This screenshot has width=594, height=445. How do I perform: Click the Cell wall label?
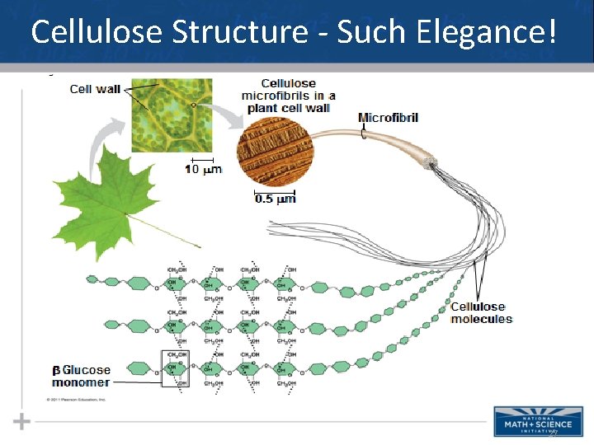(95, 89)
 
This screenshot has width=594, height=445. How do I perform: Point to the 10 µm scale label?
(203, 170)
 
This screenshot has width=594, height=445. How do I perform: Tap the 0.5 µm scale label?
(276, 199)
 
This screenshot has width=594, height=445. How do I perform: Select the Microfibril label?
(388, 117)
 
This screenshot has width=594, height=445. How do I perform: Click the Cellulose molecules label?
(481, 313)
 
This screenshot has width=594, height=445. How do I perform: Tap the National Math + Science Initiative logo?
(538, 421)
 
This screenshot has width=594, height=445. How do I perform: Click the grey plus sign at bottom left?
(21, 422)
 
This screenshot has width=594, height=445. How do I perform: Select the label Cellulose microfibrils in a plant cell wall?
(286, 95)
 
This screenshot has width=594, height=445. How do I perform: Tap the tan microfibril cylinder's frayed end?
(430, 162)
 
